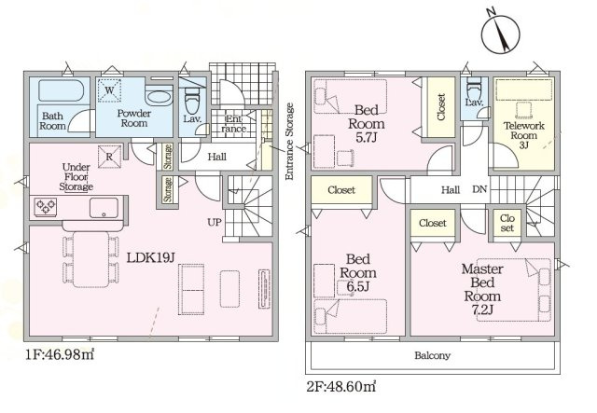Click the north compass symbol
(x=500, y=34)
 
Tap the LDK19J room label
(x=150, y=258)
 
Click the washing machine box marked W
(x=109, y=90)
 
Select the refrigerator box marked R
(x=109, y=157)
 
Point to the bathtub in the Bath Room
(x=61, y=90)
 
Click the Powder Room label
(x=133, y=118)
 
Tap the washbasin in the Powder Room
(x=160, y=98)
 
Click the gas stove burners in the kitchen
(x=46, y=206)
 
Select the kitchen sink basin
(x=104, y=208)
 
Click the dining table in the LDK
(x=91, y=259)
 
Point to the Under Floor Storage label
(x=76, y=177)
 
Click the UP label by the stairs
(x=214, y=222)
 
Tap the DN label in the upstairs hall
(x=479, y=189)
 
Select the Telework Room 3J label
(x=524, y=135)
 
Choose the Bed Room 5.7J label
(x=367, y=124)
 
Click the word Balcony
(x=432, y=355)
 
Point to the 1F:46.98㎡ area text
(x=60, y=355)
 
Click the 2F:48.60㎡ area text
(x=341, y=387)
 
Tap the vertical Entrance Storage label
(x=289, y=142)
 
